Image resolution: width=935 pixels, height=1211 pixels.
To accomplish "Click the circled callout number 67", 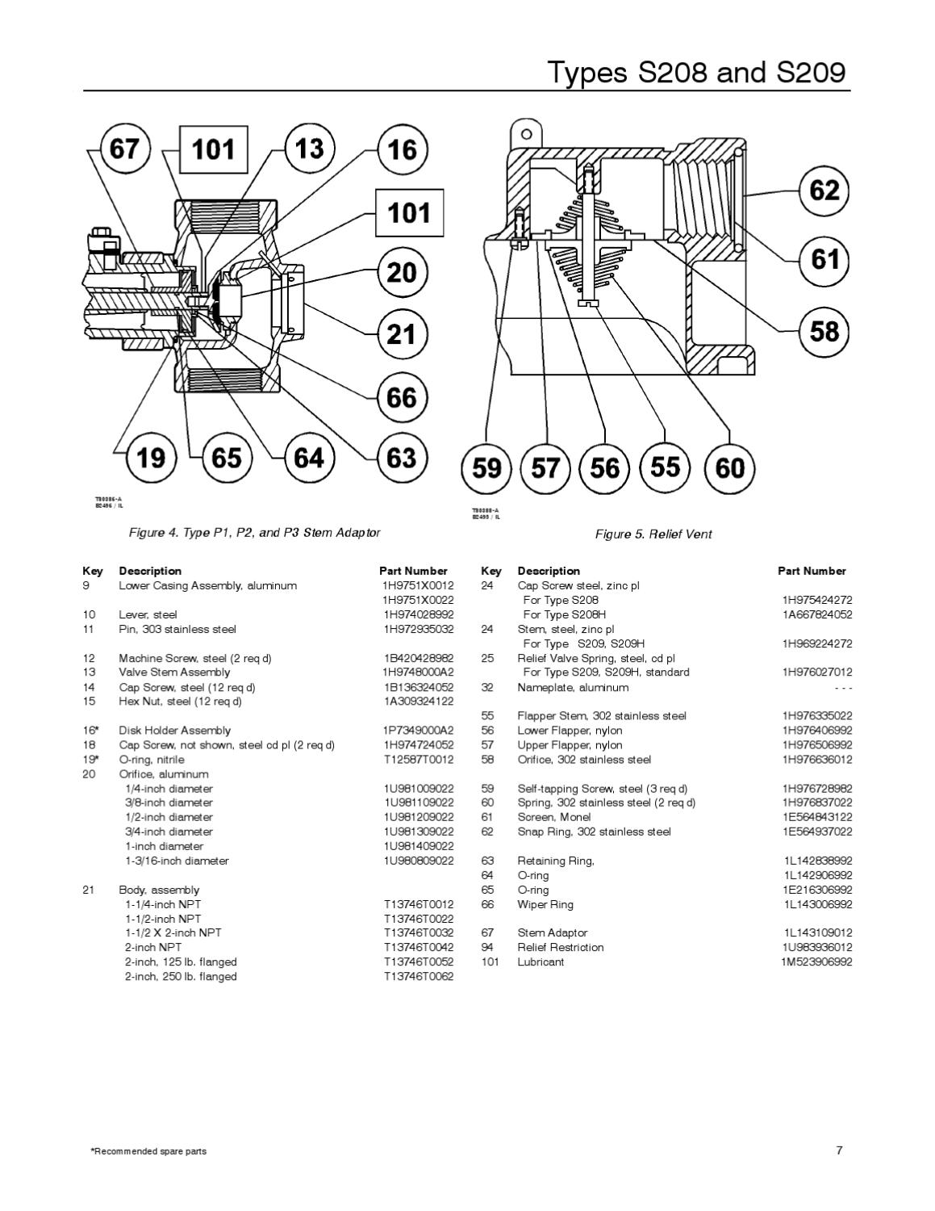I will pos(124,149).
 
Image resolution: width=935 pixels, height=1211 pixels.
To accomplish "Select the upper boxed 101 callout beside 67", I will pos(213,149).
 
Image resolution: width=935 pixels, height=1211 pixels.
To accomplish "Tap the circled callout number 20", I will pos(402,272).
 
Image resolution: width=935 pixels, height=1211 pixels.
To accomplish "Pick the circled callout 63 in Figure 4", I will pos(402,458).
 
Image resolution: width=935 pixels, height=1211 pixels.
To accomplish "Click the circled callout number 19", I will pos(151,458).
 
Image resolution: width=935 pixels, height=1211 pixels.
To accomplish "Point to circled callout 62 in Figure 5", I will pos(824,191).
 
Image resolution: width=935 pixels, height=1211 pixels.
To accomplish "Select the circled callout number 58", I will pos(824,331).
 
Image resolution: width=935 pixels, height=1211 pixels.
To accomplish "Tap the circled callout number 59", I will pos(486,467).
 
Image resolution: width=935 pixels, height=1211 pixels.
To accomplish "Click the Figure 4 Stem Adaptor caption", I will pos(254,533).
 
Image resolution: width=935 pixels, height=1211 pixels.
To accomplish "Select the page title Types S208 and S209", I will pos(697,72).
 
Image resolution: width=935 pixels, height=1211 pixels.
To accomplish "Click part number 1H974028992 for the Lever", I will pos(418,614).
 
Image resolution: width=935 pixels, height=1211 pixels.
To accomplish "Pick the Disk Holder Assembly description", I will pos(174,731).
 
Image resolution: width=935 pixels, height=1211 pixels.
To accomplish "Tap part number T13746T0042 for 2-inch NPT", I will pos(418,947).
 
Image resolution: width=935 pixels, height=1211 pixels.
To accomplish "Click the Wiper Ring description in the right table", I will pos(545,904).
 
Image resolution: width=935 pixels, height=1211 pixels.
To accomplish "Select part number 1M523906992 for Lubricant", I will pos(816,962).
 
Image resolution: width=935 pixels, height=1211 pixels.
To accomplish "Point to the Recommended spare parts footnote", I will pos(148,1151).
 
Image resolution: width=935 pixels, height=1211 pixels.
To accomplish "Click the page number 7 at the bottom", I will pos(839,1150).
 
